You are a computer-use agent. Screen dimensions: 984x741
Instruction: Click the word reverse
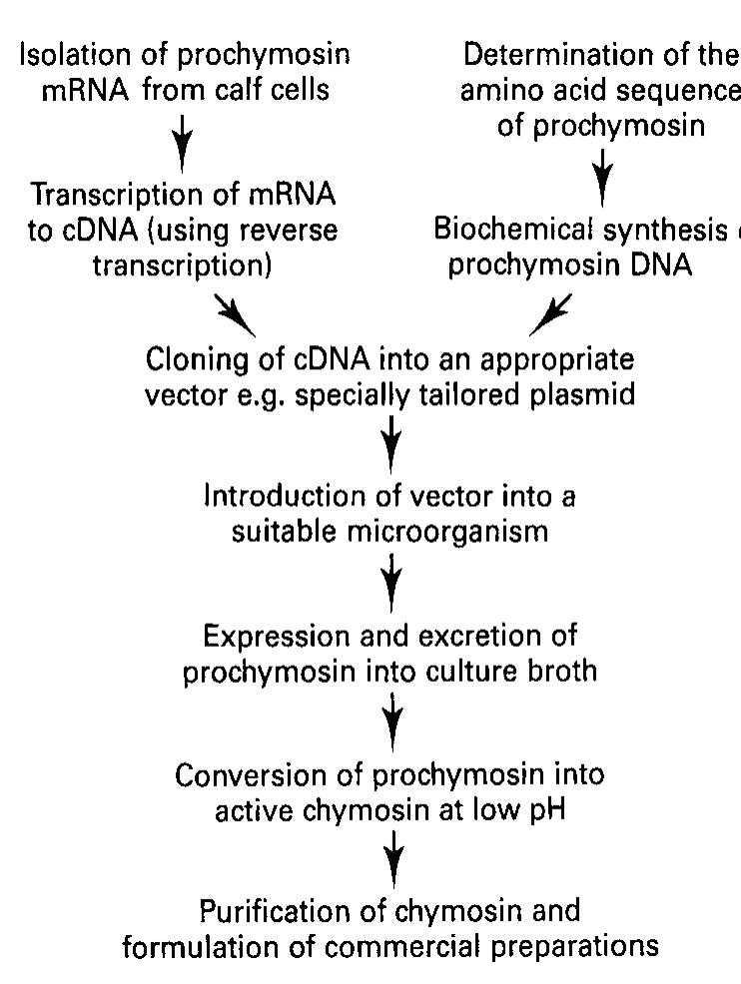point(290,231)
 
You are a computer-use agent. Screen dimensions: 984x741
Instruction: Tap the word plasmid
point(583,393)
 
